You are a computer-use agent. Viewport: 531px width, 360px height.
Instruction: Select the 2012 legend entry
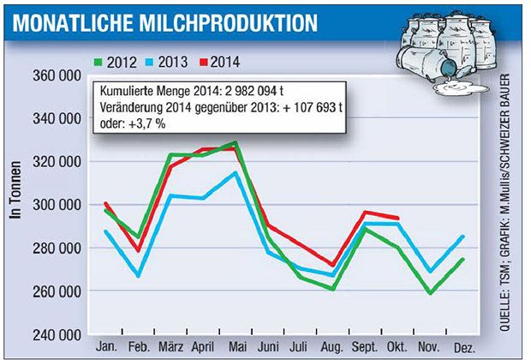(x=118, y=62)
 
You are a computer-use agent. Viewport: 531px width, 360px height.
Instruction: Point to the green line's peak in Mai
(x=236, y=142)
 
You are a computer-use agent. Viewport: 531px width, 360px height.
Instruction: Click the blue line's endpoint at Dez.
(x=464, y=237)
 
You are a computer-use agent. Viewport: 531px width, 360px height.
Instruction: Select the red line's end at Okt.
(x=398, y=218)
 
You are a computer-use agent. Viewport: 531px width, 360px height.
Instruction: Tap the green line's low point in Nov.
(x=430, y=293)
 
